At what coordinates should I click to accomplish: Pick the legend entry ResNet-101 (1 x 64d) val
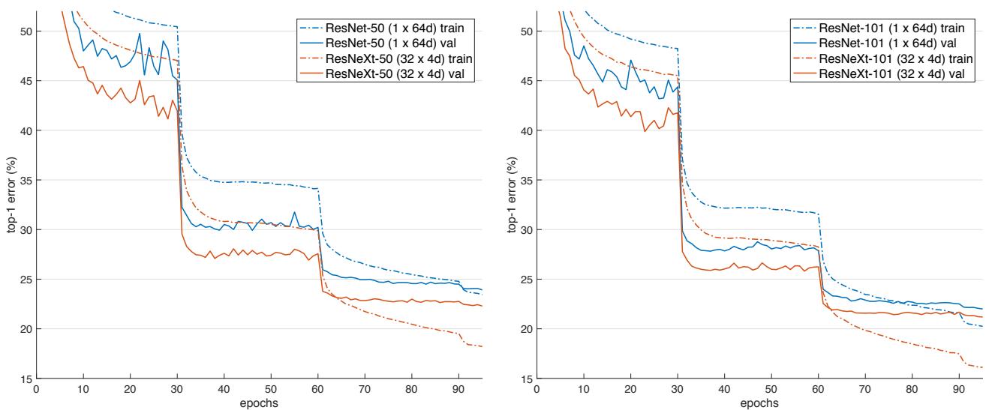[x=897, y=43]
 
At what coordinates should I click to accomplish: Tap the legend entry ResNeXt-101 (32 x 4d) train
[x=901, y=58]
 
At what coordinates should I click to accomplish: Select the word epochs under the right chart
[x=759, y=403]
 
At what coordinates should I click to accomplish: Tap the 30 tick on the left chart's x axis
[x=177, y=390]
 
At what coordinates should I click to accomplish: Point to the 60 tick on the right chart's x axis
[x=817, y=390]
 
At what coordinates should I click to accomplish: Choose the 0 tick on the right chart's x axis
[x=537, y=390]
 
